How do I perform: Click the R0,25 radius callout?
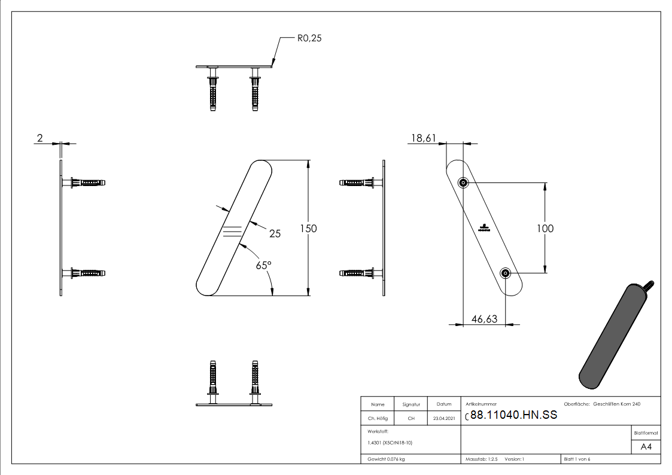[x=310, y=38]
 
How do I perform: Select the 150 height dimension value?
[x=309, y=229]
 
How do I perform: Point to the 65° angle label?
[x=263, y=265]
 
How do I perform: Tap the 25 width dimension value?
[x=275, y=234]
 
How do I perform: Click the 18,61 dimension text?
[x=422, y=138]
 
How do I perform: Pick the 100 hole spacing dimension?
[x=545, y=229]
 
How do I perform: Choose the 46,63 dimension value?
[x=484, y=319]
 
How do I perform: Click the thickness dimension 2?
[x=39, y=138]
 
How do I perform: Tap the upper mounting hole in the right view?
[x=463, y=182]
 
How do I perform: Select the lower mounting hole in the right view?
[x=506, y=273]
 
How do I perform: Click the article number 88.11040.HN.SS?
[x=513, y=415]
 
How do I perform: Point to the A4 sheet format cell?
[x=646, y=447]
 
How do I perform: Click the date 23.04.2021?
[x=443, y=419]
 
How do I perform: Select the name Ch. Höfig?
[x=378, y=419]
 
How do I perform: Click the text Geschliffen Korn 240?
[x=616, y=404]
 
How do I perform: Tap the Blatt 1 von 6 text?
[x=577, y=459]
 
